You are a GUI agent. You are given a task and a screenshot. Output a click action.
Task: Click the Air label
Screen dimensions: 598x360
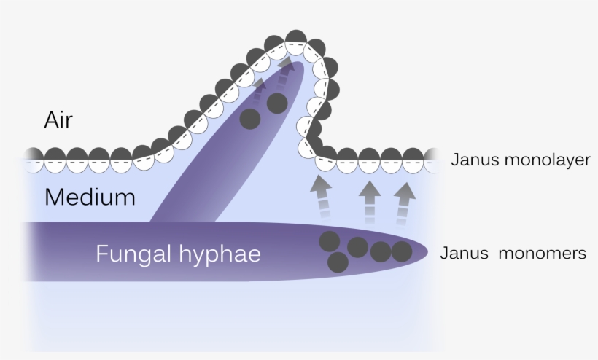click(x=58, y=120)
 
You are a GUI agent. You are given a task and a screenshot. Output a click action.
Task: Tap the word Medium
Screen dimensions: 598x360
click(x=90, y=197)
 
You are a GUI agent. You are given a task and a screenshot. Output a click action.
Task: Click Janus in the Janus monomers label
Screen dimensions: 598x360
click(x=464, y=254)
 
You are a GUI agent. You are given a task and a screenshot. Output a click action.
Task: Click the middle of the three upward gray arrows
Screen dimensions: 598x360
click(x=370, y=202)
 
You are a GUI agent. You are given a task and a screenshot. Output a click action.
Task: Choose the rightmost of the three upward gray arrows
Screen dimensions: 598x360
click(x=404, y=203)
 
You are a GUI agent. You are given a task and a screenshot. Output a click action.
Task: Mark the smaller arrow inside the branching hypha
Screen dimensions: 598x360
click(x=258, y=91)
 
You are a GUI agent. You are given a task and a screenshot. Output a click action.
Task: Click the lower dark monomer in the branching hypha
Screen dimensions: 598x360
click(x=250, y=119)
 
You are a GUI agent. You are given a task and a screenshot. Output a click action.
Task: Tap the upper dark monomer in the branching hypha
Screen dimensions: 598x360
click(x=277, y=103)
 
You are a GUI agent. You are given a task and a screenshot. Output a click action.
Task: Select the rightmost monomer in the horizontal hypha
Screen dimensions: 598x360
click(x=402, y=251)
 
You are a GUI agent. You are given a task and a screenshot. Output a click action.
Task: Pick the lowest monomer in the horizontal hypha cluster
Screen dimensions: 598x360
click(x=338, y=262)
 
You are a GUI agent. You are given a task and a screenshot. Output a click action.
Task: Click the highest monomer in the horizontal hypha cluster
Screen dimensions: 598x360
click(x=330, y=241)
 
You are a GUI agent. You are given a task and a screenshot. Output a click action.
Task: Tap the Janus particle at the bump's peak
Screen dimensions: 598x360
click(x=296, y=42)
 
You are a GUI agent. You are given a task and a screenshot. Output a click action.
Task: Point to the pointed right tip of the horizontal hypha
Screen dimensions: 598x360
click(x=427, y=251)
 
